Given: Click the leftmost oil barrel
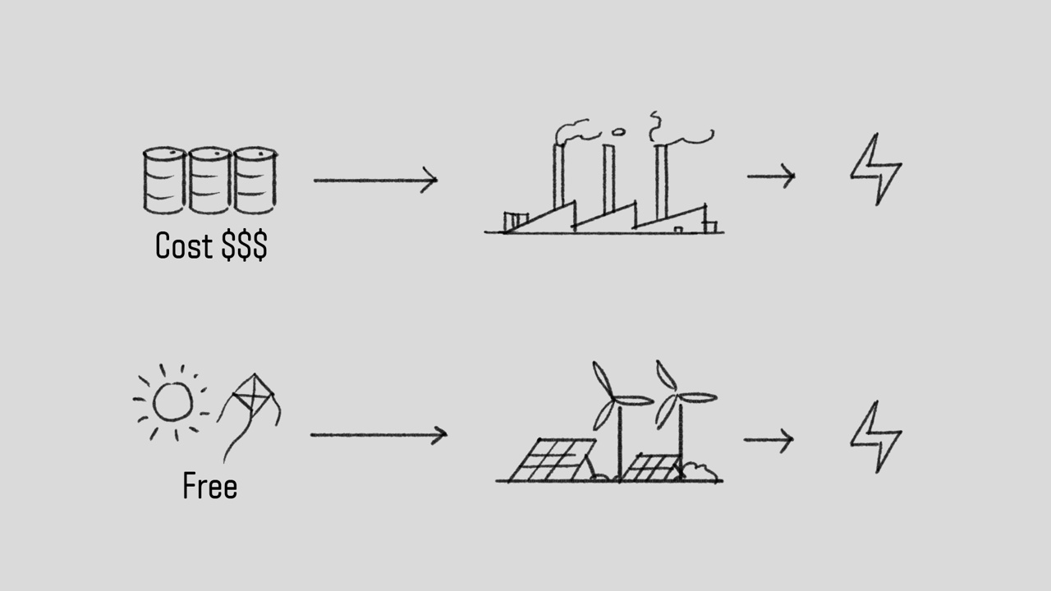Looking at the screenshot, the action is coord(164,181).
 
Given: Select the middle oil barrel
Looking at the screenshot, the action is coord(209,181).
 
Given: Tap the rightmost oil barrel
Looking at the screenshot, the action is coord(255,181).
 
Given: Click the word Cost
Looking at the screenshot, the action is coord(184,245).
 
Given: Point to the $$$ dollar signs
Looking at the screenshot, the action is coord(245,245).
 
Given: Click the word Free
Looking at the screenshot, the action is coord(209,486).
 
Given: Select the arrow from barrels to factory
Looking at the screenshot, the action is coord(375,180).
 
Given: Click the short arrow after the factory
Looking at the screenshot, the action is coord(771,176).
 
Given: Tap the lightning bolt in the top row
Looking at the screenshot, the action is coord(876,170).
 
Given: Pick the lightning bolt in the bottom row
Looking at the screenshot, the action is coord(876,438).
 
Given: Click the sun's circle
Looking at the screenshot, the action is coord(172,402).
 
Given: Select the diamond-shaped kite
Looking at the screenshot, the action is coord(253,396).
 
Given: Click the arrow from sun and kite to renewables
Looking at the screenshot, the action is coord(379,435).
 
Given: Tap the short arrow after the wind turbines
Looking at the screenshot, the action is coord(769,440).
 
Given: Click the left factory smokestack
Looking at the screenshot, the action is coord(558,176).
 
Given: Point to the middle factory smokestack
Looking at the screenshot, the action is coord(608,178).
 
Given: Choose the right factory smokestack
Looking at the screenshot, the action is coord(661,181).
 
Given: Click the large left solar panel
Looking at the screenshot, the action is coord(551,460).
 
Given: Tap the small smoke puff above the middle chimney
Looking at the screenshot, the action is coord(618,133).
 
